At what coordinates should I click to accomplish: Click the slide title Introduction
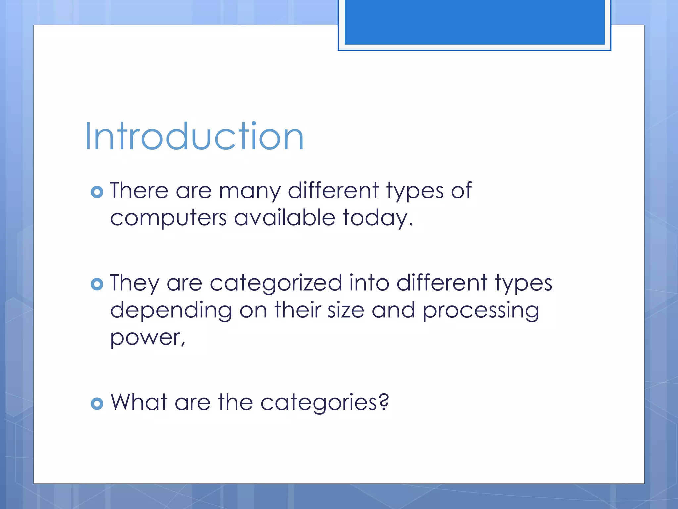(194, 137)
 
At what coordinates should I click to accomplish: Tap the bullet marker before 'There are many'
(97, 192)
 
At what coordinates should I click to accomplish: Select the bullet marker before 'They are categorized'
(97, 284)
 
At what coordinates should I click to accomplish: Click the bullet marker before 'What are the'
(97, 403)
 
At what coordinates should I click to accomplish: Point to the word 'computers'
(168, 219)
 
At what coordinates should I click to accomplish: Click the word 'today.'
(378, 218)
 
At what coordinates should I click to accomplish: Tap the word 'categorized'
(276, 284)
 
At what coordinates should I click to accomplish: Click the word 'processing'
(481, 311)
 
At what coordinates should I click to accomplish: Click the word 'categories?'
(324, 403)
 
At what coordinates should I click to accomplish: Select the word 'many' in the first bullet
(250, 192)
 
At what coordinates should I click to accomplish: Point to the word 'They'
(134, 283)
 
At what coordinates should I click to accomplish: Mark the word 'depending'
(171, 311)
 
